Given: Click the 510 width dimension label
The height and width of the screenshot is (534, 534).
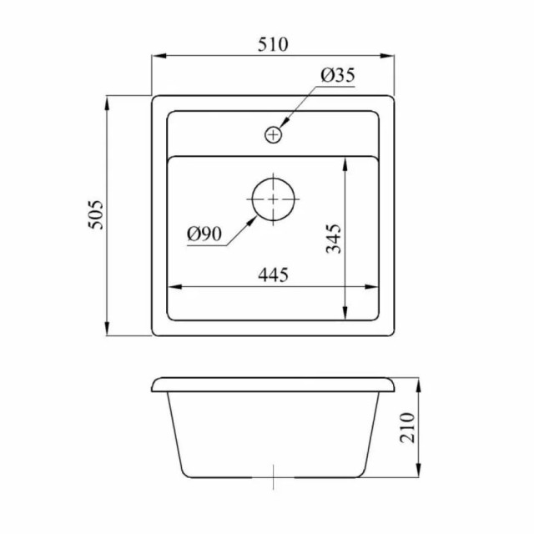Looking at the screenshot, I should tap(272, 45).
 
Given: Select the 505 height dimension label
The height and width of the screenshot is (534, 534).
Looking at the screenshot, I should tap(95, 215).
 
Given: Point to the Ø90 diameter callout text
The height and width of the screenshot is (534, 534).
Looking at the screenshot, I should tap(204, 235).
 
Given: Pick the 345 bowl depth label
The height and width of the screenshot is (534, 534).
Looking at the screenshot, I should tap(333, 238).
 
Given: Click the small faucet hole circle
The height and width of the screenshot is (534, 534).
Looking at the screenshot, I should tap(274, 133).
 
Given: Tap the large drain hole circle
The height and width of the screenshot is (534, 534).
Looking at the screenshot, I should tap(274, 200).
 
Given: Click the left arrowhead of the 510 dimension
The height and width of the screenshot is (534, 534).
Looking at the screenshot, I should tap(156, 57).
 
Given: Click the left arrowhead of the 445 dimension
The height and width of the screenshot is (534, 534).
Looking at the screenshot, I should tap(173, 289).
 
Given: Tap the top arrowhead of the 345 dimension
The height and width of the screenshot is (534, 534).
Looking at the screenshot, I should tap(345, 161).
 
